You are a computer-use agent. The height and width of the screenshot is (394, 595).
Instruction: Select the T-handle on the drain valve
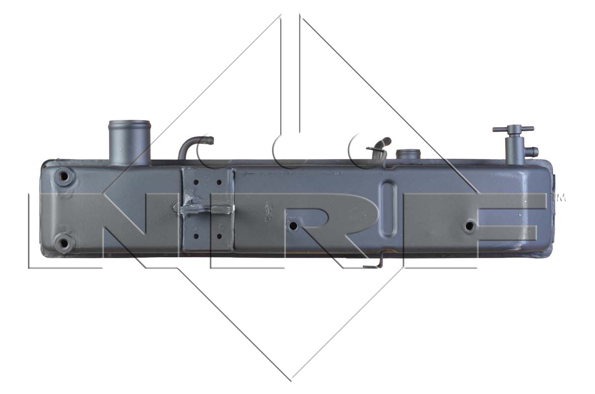pyautogui.click(x=513, y=129)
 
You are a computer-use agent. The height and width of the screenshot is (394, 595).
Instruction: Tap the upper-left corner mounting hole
pyautogui.click(x=64, y=176)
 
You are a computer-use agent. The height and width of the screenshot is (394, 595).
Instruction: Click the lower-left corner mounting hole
pyautogui.click(x=64, y=242)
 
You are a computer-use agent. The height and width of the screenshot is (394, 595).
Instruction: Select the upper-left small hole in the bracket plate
pyautogui.click(x=196, y=182)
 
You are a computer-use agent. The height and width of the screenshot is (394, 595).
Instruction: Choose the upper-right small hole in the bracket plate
pyautogui.click(x=219, y=182)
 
